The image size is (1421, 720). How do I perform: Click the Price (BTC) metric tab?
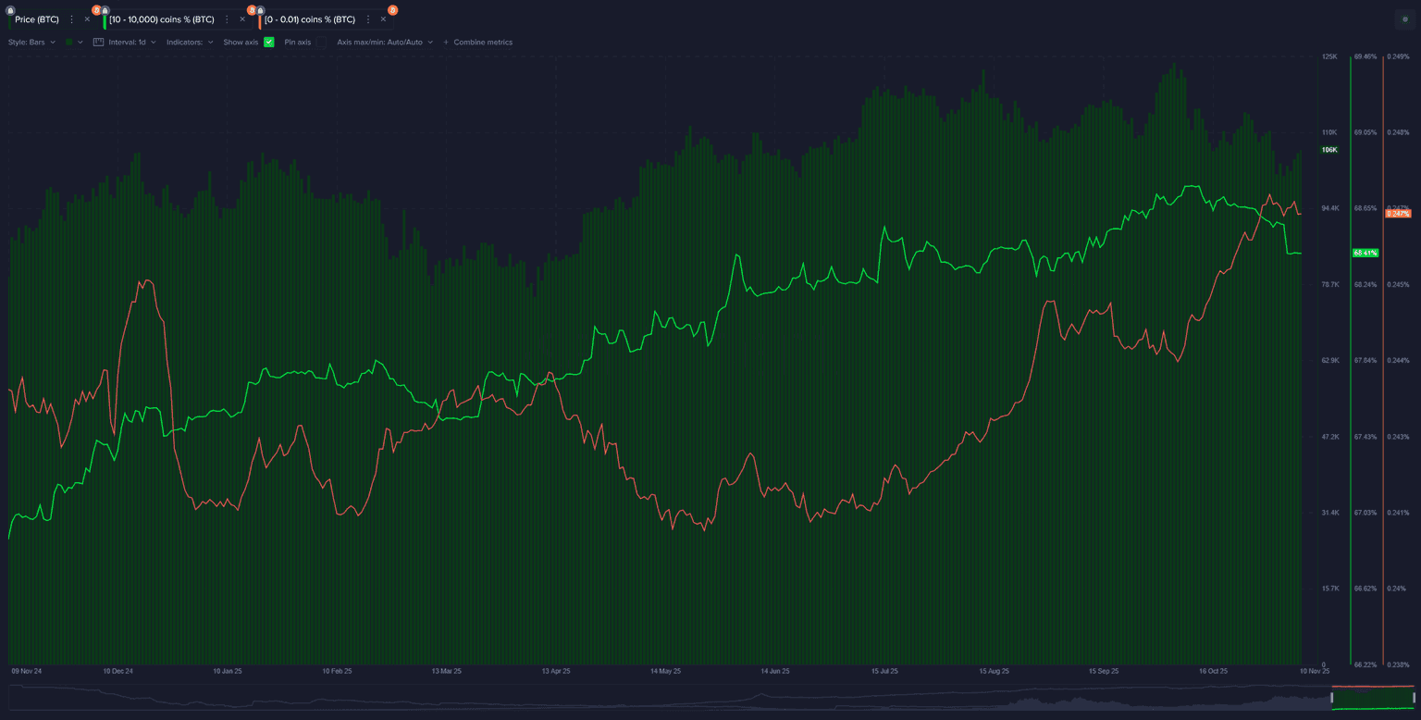37,19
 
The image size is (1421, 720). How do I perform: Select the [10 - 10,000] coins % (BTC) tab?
161,19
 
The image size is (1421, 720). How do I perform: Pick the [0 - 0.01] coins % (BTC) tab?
309,19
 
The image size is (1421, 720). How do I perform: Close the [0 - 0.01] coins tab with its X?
383,19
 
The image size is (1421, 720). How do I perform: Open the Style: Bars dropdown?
32,43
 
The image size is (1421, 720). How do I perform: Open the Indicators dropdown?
190,43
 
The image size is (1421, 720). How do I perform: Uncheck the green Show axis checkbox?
269,43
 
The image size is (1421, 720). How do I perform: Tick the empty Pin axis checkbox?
321,43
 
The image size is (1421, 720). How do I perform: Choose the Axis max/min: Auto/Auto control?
384,43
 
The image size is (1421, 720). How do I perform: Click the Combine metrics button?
478,43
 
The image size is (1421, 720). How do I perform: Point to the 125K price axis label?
1329,56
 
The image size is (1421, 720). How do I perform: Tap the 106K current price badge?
1329,150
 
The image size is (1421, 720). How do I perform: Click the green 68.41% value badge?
1365,253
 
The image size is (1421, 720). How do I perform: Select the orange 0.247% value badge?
1397,214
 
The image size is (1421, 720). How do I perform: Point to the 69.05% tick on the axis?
1365,132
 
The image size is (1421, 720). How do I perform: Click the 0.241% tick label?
1397,513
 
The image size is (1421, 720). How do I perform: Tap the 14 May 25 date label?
665,671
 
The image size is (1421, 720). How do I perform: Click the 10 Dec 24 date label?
117,671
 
